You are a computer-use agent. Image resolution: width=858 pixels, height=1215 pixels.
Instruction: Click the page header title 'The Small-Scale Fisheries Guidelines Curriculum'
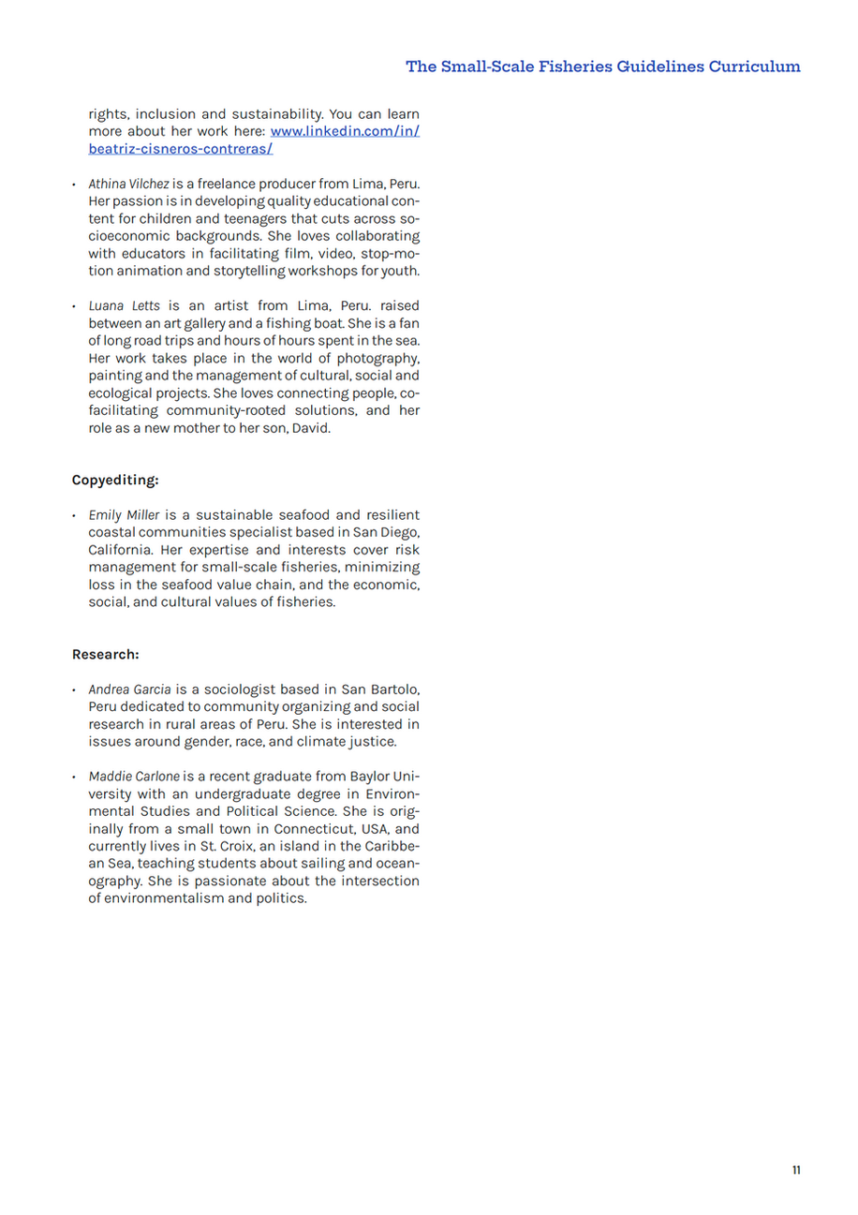click(x=603, y=67)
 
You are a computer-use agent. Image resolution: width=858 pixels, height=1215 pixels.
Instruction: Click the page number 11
click(x=796, y=1170)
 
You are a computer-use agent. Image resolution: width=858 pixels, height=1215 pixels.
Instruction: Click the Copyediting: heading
click(x=115, y=481)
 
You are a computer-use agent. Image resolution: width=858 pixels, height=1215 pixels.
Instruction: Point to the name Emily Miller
click(x=124, y=515)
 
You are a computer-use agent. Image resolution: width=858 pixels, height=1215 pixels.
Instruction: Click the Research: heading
click(x=105, y=654)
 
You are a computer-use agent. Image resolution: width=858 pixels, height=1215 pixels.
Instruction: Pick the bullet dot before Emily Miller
click(x=75, y=516)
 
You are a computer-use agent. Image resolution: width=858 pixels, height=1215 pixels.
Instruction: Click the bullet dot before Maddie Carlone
click(x=75, y=777)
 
